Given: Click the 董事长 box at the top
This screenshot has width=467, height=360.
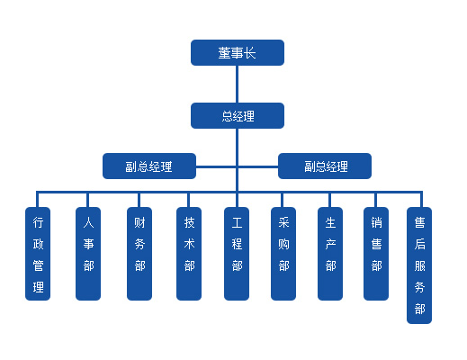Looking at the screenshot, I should coord(237,53).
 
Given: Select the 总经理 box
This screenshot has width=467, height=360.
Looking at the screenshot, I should coord(237,115).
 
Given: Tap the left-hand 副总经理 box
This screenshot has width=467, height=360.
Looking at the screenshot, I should coord(148,166).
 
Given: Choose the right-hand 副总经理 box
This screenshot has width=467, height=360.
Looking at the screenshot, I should coord(325,166).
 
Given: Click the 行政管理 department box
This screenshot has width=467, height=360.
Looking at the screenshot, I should coord(38,254).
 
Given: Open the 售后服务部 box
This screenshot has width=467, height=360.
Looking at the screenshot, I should coord(419,265).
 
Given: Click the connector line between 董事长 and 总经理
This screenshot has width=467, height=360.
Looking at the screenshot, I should coord(237,84).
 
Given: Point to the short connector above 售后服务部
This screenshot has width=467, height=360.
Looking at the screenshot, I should coord(419,199).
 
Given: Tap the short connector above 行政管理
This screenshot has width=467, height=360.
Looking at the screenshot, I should coord(38,199).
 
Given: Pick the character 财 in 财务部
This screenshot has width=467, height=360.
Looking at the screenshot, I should coord(139,220).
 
